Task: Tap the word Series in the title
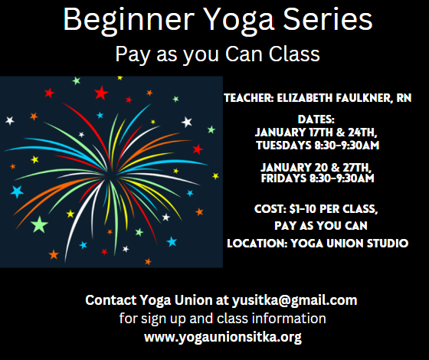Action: coord(328,18)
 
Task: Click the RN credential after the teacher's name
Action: coord(404,98)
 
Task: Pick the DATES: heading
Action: coord(316,119)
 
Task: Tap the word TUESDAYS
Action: coord(284,146)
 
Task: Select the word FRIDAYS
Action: coord(283,178)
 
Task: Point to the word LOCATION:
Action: coord(257,244)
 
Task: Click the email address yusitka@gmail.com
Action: coord(295,300)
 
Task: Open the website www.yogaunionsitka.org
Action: coord(223,337)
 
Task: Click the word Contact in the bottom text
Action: coord(111,299)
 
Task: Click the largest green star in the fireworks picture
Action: coord(39,224)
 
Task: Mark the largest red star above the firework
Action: coord(101,93)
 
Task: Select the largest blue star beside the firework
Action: coord(17,191)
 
